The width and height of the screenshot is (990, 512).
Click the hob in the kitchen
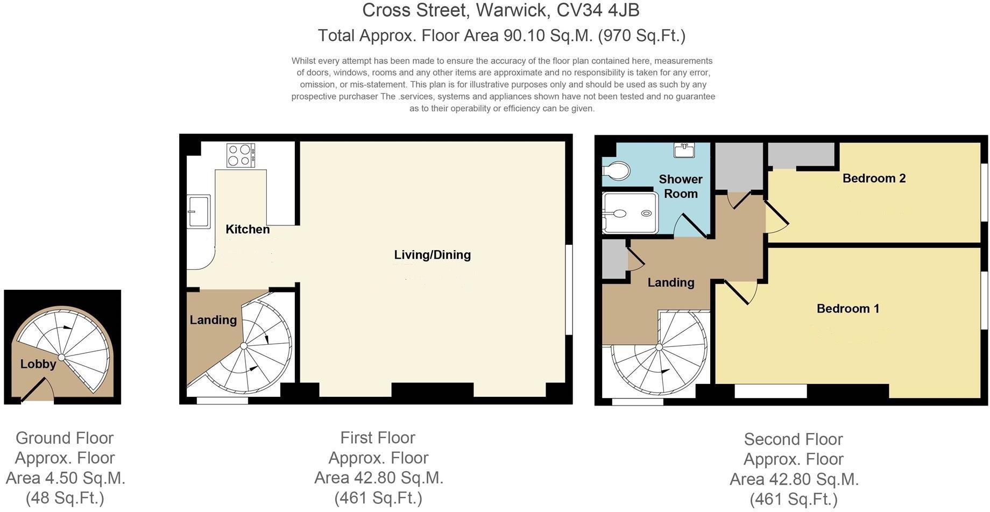[x=241, y=155]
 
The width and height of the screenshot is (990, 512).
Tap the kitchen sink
[x=199, y=211]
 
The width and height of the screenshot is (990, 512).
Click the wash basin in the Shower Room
[x=684, y=150]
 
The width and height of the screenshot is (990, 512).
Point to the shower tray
[x=630, y=214]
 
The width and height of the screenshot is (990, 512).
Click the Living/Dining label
[x=432, y=255]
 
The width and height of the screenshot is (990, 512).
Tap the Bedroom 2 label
[x=874, y=178]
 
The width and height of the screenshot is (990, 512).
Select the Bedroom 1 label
[x=847, y=308]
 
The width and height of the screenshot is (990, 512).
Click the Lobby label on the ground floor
[x=38, y=364]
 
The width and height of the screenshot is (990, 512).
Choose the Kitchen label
[x=247, y=229]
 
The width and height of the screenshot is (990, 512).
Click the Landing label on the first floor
[x=213, y=320]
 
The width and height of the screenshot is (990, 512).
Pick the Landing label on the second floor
[x=670, y=282]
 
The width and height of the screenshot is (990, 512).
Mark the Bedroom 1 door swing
[x=741, y=292]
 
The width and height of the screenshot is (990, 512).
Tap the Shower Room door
[x=692, y=226]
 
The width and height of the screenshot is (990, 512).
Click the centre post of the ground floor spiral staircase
[x=62, y=357]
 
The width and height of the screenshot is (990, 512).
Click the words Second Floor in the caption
[x=793, y=439]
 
